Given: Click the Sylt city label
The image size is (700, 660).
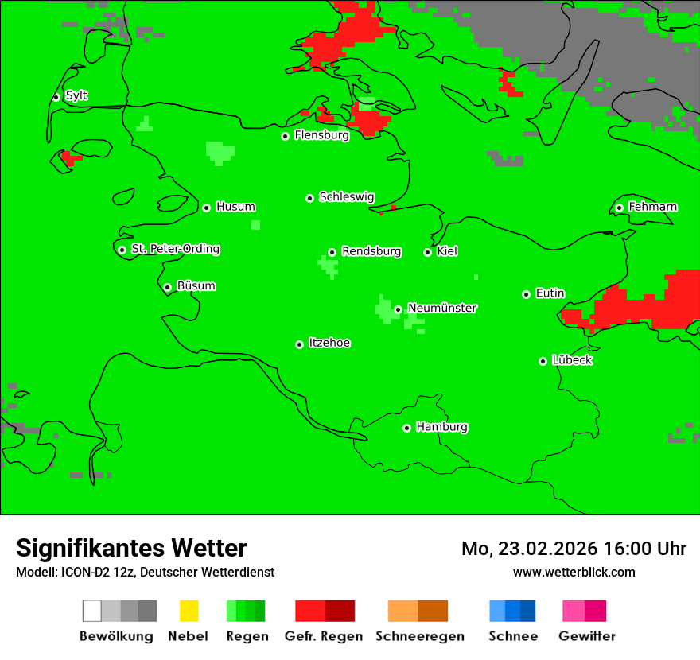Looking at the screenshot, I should point(76,96).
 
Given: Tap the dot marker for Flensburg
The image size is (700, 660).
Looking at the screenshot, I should point(286,136).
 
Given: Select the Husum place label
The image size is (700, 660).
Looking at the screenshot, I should point(235,207).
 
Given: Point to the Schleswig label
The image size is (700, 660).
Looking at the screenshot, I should point(346,196).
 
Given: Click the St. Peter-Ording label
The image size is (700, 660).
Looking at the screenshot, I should point(175,249).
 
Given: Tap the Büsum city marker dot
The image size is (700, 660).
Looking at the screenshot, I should point(167,287).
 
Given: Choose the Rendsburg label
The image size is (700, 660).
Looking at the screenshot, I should point(371,251).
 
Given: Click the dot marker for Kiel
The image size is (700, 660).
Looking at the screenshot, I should point(428,252).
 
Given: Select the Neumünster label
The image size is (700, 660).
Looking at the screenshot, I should point(442,308).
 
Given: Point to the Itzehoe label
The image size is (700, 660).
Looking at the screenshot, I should point(329,343).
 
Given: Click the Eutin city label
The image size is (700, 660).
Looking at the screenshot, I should point(550,293).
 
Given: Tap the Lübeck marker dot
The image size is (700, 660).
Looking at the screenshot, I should point(543,361).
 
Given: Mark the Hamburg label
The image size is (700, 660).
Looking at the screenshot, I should point(442,427).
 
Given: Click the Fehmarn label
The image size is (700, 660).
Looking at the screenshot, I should point(652,207).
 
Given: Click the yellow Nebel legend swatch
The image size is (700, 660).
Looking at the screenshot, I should point(189,611).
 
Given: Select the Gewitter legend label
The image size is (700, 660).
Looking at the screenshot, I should point(587,636).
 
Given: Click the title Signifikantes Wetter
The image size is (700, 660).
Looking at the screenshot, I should point(131,548).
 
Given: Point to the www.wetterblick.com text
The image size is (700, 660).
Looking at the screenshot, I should point(574,572).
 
